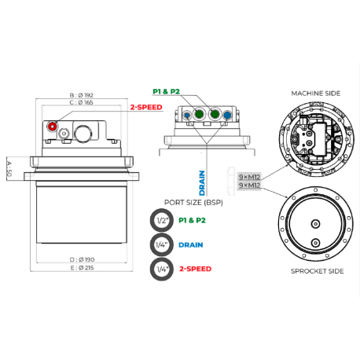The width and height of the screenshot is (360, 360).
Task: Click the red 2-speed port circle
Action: click(x=52, y=127)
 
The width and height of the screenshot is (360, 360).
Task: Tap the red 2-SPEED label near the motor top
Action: click(x=146, y=107)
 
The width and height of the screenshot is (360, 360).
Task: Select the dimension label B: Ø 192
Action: click(x=82, y=95)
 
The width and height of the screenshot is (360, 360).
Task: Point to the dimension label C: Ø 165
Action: click(x=82, y=102)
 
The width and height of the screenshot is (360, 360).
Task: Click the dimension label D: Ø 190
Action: click(x=83, y=259)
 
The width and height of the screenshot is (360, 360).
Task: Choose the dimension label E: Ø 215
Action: click(x=82, y=268)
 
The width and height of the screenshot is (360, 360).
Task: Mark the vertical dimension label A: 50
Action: click(x=9, y=169)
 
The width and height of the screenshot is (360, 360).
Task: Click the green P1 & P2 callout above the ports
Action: click(x=167, y=91)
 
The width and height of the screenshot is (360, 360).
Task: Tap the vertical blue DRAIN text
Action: click(x=202, y=183)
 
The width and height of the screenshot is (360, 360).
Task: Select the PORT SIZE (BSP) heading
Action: click(x=193, y=203)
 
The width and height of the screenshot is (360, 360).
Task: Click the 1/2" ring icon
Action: click(x=162, y=220)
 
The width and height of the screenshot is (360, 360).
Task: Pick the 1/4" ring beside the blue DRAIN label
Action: click(x=162, y=244)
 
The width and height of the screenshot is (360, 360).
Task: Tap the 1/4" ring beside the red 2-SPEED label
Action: click(x=162, y=269)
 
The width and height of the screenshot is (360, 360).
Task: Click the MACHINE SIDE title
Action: click(x=316, y=94)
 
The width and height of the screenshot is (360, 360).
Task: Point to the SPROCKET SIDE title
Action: click(x=317, y=271)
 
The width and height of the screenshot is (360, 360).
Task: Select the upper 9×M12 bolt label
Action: click(x=249, y=177)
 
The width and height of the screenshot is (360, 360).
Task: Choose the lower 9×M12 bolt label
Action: click(x=249, y=186)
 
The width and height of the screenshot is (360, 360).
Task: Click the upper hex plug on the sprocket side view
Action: click(x=315, y=224)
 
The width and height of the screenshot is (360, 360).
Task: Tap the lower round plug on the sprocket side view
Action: click(x=315, y=243)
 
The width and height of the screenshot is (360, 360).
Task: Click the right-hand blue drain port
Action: click(x=227, y=115)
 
